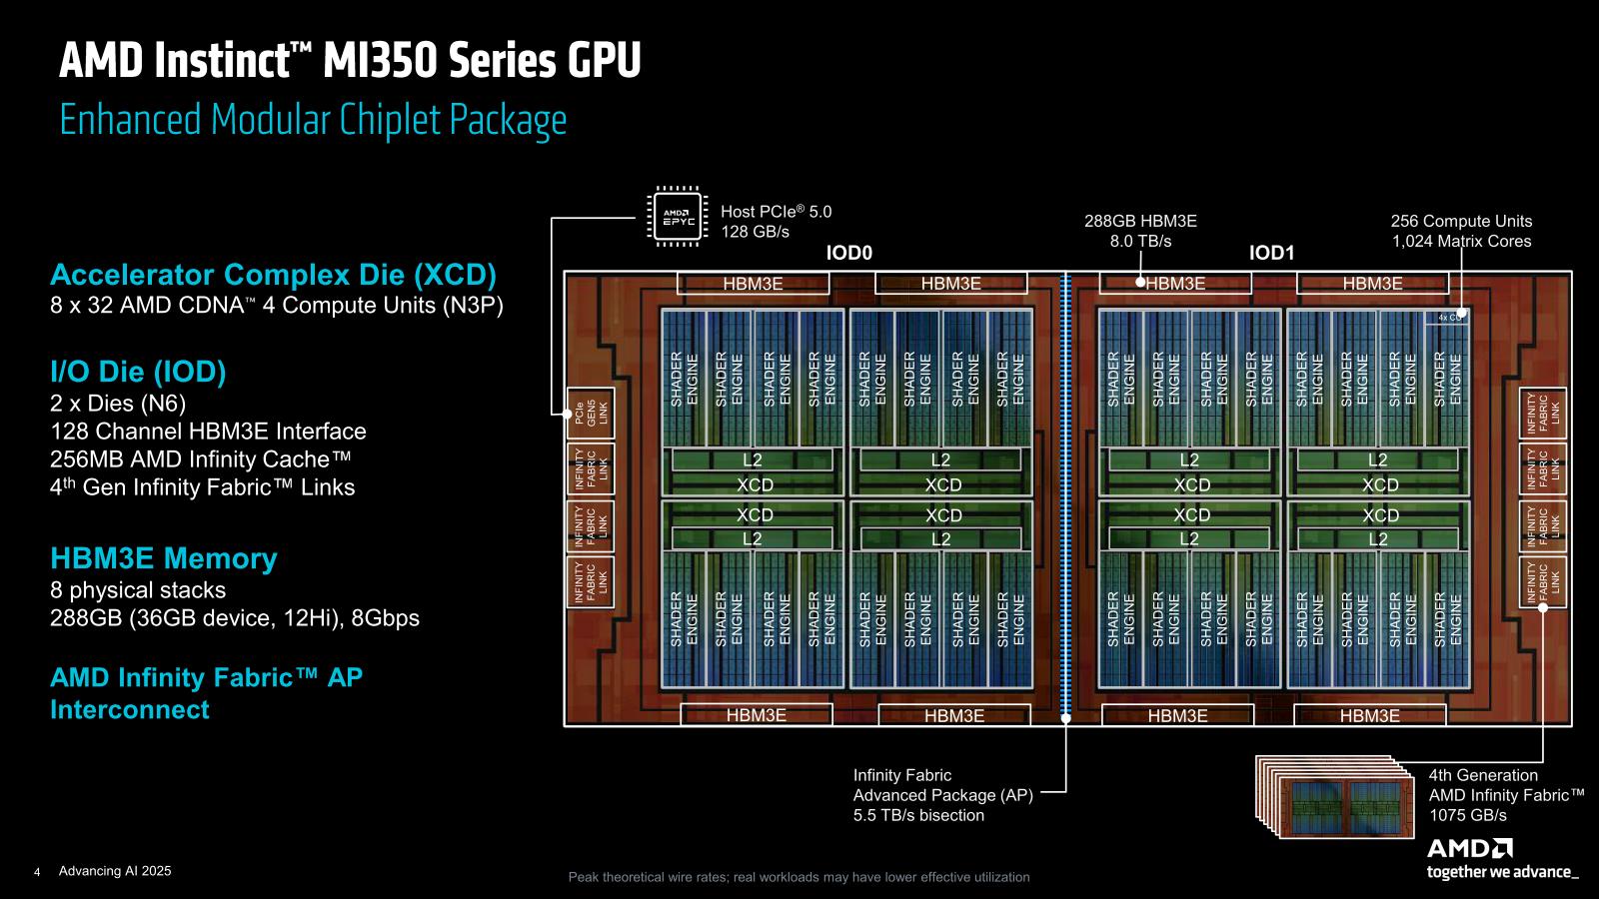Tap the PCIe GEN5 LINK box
(x=590, y=413)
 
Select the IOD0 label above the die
(x=849, y=254)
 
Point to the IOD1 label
(x=1271, y=254)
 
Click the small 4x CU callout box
(x=1447, y=317)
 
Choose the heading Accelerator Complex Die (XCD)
(x=273, y=275)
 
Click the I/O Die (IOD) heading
(x=138, y=373)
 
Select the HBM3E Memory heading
(x=164, y=558)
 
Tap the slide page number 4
(x=37, y=872)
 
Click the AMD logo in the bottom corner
(x=1470, y=848)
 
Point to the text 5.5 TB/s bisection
(x=918, y=815)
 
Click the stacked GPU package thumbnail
(x=1339, y=796)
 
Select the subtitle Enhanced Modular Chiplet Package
(x=313, y=120)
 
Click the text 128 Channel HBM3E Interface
(x=208, y=432)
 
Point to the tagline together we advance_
(x=1503, y=872)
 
